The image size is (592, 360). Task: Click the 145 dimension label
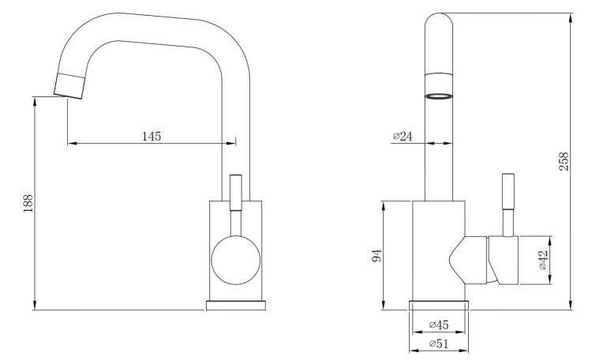pos(152,136)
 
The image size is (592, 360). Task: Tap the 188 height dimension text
pos(28,203)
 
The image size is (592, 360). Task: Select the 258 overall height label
pos(564,161)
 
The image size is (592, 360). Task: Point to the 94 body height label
pos(377,255)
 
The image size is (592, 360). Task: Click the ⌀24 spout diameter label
pos(403,136)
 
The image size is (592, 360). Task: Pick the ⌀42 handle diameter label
pos(542,260)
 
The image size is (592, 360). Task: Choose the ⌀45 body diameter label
pos(439,324)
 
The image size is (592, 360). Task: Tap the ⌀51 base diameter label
pos(439,343)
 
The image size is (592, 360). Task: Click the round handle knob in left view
pos(235,261)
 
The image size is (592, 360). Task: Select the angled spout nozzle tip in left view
pos(69,86)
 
